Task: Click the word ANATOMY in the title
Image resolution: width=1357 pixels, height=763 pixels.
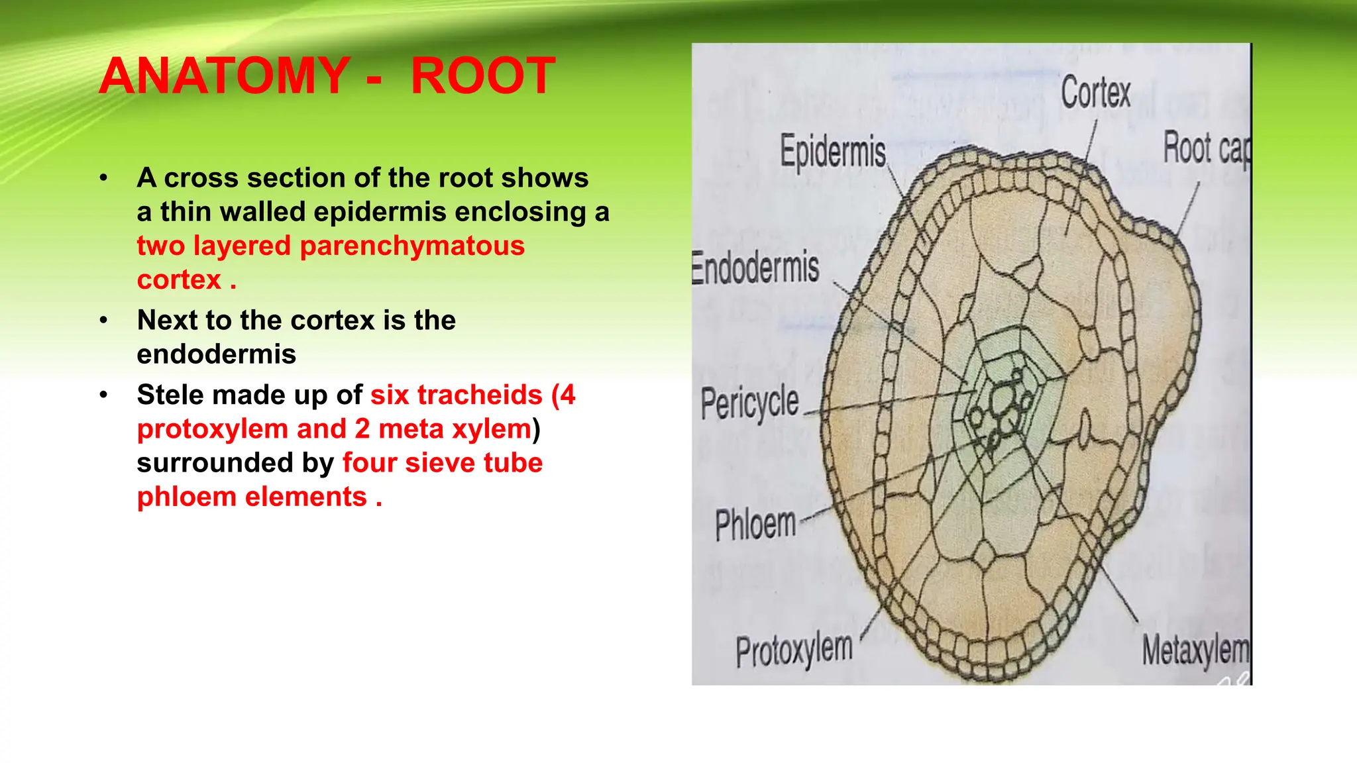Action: click(x=224, y=76)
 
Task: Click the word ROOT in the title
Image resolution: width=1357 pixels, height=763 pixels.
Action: click(x=482, y=76)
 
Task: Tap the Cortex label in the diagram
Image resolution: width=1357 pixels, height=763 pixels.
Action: click(x=1095, y=93)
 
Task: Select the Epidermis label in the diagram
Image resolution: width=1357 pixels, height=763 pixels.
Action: click(x=832, y=152)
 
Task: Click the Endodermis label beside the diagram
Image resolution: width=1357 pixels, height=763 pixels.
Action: click(x=755, y=268)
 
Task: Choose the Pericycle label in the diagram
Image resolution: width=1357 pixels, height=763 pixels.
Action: click(x=749, y=403)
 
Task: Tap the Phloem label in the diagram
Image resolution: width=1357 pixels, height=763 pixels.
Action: click(x=755, y=525)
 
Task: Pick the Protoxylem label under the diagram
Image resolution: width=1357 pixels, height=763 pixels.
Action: click(x=794, y=650)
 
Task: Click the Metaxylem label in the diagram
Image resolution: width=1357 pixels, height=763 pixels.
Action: click(x=1195, y=650)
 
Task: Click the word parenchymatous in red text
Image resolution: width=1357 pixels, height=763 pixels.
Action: click(x=412, y=246)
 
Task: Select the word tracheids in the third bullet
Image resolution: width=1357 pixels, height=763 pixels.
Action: click(x=456, y=395)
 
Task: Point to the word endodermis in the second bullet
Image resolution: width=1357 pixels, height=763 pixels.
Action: click(x=216, y=354)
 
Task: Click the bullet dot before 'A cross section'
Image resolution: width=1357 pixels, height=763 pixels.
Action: click(x=103, y=178)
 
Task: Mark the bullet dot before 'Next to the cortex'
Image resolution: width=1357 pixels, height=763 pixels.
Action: click(x=103, y=321)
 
